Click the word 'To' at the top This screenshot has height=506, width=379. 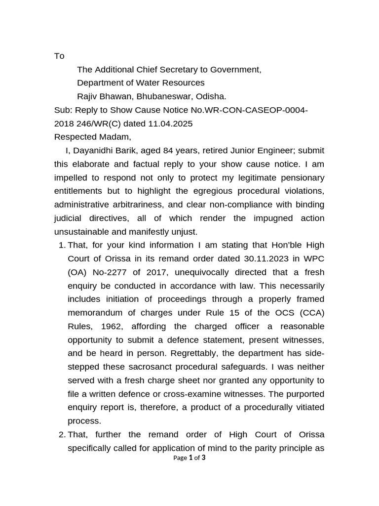click(59, 56)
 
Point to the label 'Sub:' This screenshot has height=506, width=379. click(63, 110)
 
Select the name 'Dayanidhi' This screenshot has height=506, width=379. click(92, 151)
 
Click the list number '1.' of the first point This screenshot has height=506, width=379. click(62, 246)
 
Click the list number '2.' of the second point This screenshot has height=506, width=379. click(62, 435)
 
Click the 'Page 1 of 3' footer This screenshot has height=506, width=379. click(189, 458)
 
